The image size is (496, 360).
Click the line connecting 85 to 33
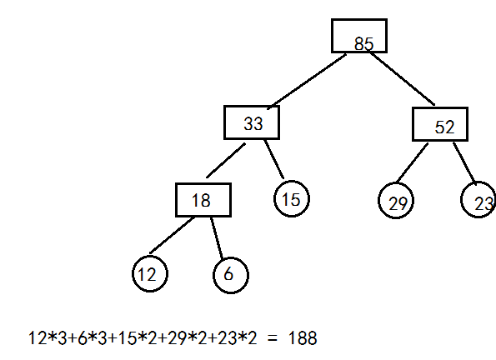307,82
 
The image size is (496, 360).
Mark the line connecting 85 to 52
403,78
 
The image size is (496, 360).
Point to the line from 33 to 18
226,160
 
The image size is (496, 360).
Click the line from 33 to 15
274,159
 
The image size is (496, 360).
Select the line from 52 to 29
413,163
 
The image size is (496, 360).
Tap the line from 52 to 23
464,164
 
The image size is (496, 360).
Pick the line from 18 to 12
172,235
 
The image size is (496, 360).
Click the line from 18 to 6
217,238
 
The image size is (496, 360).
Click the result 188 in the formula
303,337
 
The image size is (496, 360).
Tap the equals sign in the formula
272,339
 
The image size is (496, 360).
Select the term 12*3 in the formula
48,337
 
